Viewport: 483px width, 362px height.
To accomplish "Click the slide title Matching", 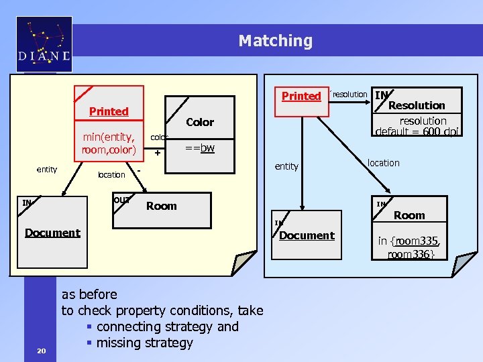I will point(275,41).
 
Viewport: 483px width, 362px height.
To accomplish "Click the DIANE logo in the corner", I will point(44,44).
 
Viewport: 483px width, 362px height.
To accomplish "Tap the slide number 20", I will point(42,350).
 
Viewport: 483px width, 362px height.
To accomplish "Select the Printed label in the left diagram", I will point(109,111).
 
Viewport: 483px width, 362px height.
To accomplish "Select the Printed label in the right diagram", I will point(301,96).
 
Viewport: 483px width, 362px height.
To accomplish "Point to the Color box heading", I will point(200,122).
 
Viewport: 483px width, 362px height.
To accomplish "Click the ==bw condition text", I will point(199,147).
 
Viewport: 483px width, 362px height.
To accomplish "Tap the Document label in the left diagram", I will point(52,233).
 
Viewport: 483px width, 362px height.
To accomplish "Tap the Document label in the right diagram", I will point(306,235).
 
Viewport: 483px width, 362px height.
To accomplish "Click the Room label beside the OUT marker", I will point(162,206).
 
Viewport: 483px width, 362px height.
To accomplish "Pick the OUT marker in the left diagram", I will point(121,200).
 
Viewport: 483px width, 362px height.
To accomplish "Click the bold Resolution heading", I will point(417,105).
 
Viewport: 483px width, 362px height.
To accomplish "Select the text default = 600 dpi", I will point(417,131).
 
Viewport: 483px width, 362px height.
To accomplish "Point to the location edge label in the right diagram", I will point(383,163).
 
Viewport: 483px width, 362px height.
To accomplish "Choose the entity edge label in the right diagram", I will point(286,166).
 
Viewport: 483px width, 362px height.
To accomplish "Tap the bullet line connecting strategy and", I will point(167,326).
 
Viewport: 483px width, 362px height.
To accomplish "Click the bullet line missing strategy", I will point(144,343).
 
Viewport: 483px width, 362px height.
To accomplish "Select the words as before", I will point(89,294).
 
